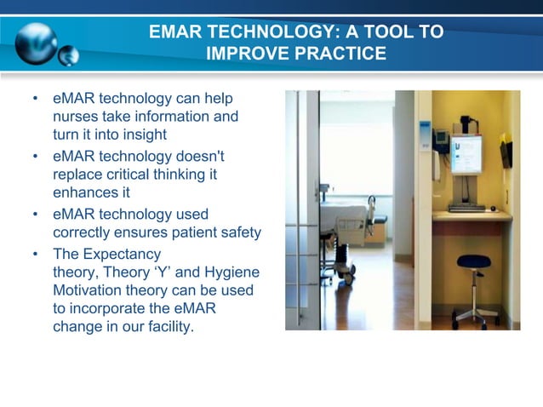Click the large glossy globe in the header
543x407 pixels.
click(35, 41)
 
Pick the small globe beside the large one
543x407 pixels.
click(68, 56)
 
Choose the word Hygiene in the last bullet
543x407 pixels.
click(233, 272)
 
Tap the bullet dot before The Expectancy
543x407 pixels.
click(35, 254)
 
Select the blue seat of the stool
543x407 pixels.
click(474, 261)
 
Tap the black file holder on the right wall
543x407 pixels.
click(506, 153)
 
